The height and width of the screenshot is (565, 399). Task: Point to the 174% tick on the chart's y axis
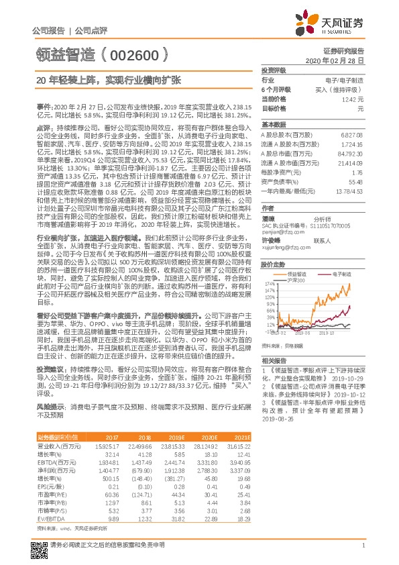[270, 285]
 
